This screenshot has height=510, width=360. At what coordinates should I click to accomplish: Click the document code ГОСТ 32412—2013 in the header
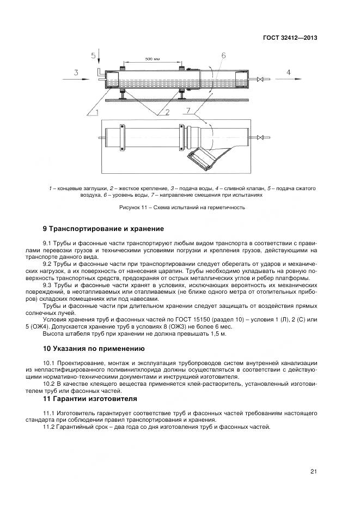pos(291,38)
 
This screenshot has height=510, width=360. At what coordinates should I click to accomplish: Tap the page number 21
pos(313,471)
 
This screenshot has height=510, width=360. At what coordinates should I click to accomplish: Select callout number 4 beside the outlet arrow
pos(289,72)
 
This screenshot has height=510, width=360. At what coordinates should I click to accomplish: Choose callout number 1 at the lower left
pos(96,112)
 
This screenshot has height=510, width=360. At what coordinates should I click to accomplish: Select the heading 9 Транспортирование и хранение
pos(103,228)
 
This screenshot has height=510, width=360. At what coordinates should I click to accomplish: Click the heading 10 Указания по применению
pos(97,347)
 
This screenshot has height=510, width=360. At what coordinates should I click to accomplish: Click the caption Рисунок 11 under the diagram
pos(182,208)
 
